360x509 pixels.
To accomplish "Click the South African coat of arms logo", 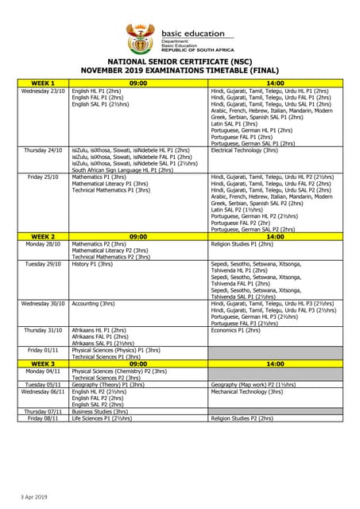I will tap(141, 37).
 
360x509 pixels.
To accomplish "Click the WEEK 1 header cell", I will tap(43, 83).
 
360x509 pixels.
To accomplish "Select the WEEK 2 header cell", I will tap(43, 236).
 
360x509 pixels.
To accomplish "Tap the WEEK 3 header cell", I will tap(43, 363).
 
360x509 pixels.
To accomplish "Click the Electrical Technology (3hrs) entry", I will tap(244, 150).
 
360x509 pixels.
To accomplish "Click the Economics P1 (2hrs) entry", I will tap(238, 330).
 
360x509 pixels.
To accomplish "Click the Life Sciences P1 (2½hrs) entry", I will tap(102, 418).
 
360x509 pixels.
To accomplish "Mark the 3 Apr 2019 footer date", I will tap(34, 496).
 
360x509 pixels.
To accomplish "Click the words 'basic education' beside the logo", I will tap(188, 33).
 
